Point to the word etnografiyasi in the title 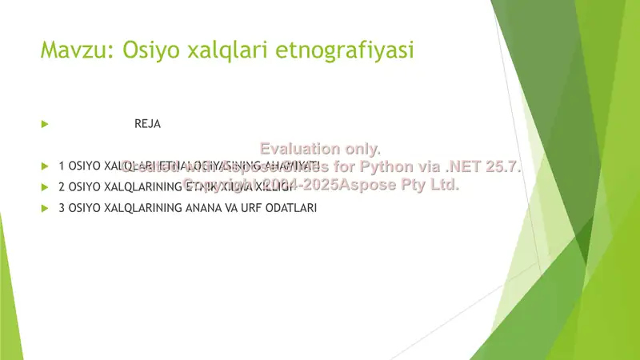click(345, 50)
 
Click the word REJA click(148, 125)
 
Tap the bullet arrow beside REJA click(46, 125)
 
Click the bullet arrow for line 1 click(46, 166)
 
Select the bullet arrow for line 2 click(46, 187)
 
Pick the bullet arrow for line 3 click(46, 208)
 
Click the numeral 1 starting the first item click(62, 166)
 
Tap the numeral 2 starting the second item click(62, 187)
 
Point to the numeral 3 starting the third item click(62, 208)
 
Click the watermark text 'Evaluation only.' click(321, 149)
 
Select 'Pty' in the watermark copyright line click(408, 185)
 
